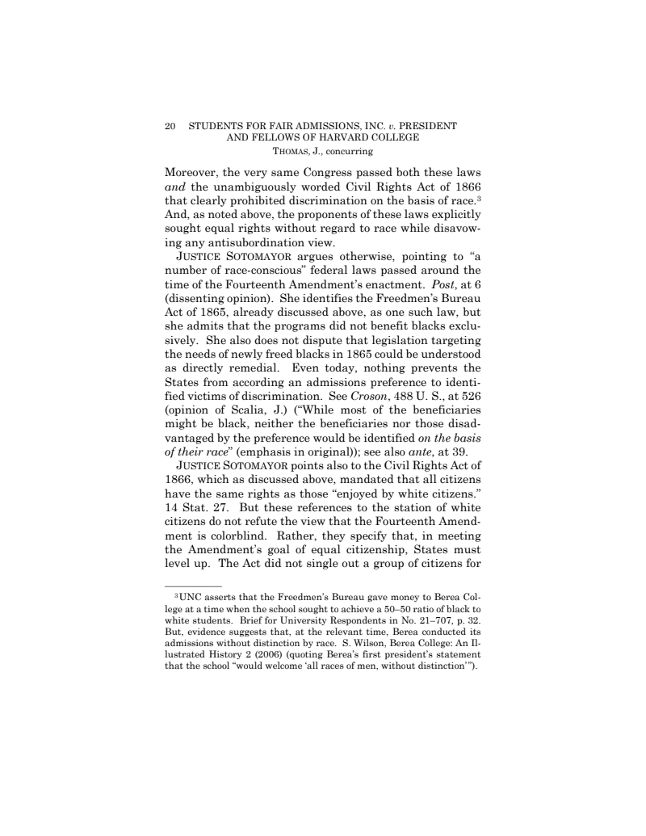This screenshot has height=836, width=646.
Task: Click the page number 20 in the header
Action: pos(170,126)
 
